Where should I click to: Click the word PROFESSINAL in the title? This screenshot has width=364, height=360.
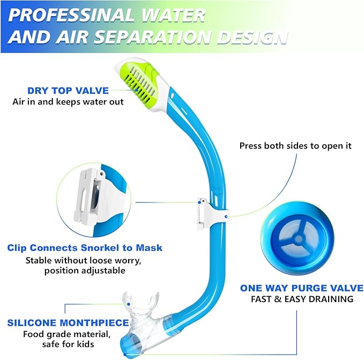click(63, 14)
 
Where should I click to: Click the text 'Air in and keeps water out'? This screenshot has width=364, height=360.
click(68, 102)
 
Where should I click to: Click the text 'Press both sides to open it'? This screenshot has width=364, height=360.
click(295, 146)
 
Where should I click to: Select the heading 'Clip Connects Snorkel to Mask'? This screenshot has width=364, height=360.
click(85, 248)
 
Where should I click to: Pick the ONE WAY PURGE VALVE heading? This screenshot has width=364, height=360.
click(302, 288)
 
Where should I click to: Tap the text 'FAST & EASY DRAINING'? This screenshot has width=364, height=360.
click(302, 299)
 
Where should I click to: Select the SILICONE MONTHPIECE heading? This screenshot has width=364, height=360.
click(68, 323)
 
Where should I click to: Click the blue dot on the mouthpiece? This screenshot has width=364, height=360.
click(130, 304)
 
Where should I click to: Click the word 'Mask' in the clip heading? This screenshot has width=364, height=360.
click(149, 248)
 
